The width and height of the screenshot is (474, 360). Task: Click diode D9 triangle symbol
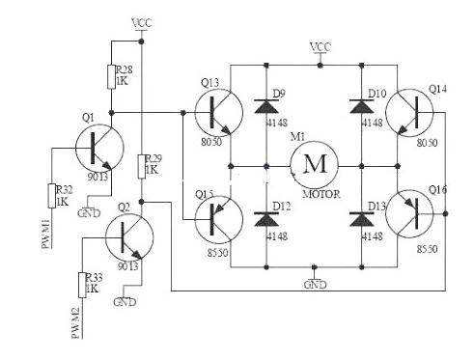click(x=266, y=106)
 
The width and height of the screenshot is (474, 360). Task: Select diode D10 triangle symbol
click(x=361, y=106)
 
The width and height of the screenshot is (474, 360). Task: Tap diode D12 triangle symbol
click(x=266, y=219)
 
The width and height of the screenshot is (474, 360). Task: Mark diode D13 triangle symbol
click(x=361, y=219)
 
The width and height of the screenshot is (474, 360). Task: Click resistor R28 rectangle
click(x=111, y=76)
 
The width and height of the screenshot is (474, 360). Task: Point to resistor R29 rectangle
click(x=142, y=166)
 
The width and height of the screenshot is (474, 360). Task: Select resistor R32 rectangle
click(x=51, y=196)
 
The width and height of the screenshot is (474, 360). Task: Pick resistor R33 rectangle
click(x=82, y=285)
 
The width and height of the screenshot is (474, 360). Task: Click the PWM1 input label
click(x=46, y=234)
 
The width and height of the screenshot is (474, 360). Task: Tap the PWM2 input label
click(x=76, y=323)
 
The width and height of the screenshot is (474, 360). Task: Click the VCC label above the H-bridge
click(x=321, y=47)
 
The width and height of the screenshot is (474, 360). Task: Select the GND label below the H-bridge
click(x=316, y=285)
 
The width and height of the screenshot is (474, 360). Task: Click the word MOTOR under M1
click(x=321, y=194)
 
